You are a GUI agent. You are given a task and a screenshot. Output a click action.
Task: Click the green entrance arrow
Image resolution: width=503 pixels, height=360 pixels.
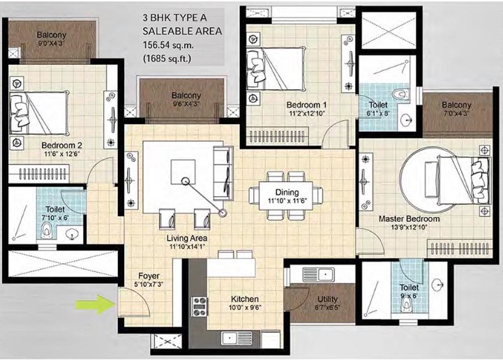95,304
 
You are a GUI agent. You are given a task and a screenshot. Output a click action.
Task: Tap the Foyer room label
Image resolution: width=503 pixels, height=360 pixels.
149,276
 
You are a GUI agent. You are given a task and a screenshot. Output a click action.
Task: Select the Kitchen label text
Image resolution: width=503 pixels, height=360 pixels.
245,299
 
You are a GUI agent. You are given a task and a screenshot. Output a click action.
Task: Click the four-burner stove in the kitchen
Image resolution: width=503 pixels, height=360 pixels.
200,307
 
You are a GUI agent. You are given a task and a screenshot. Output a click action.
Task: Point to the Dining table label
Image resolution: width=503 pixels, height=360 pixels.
287,193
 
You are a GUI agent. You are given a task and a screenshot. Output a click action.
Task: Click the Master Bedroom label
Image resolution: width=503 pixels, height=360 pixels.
409,219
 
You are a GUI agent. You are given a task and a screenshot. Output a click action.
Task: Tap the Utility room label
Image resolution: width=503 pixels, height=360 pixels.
327,299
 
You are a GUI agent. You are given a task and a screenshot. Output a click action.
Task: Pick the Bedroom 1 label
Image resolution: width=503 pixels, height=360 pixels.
306,105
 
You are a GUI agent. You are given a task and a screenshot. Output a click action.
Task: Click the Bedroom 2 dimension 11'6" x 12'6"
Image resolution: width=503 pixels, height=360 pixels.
61,153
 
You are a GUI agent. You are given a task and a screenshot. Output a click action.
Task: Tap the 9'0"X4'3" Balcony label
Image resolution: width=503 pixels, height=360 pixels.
52,43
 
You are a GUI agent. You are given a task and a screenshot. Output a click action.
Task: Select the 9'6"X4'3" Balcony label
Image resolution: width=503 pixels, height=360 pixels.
186,104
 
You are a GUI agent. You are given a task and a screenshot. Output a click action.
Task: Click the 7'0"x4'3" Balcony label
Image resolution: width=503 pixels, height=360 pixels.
456,113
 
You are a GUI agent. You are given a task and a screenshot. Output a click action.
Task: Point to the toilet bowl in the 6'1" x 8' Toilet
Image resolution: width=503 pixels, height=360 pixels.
400,94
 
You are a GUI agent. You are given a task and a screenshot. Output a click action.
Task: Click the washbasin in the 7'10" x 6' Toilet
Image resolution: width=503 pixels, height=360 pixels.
73,234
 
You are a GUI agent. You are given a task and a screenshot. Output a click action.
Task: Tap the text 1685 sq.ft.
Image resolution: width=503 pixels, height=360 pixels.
167,59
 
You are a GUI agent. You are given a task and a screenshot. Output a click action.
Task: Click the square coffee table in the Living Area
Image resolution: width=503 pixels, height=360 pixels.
183,172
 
